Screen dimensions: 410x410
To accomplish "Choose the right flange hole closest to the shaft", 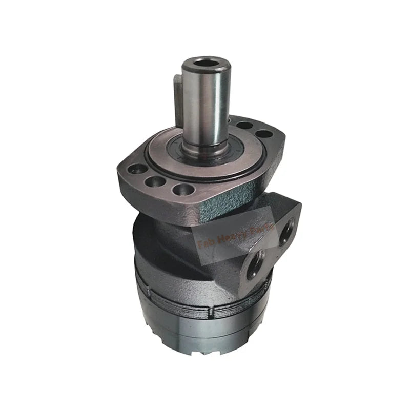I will point(245,125).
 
